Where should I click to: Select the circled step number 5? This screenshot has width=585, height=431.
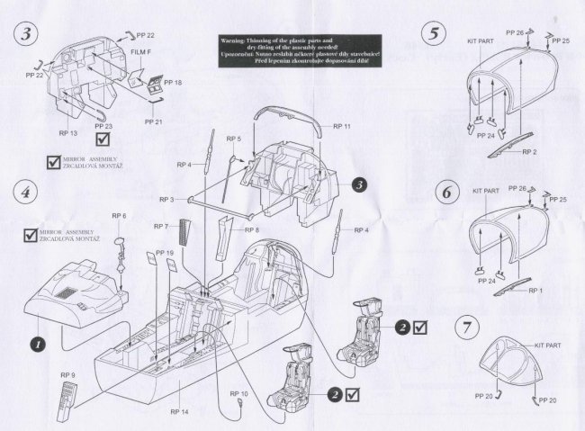click(435, 35)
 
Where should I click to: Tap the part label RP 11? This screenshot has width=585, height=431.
click(341, 128)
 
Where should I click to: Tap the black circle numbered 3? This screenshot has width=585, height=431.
click(360, 184)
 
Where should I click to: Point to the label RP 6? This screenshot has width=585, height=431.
click(118, 217)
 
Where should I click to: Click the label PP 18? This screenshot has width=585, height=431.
click(173, 82)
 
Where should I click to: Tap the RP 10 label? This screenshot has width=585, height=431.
click(238, 394)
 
